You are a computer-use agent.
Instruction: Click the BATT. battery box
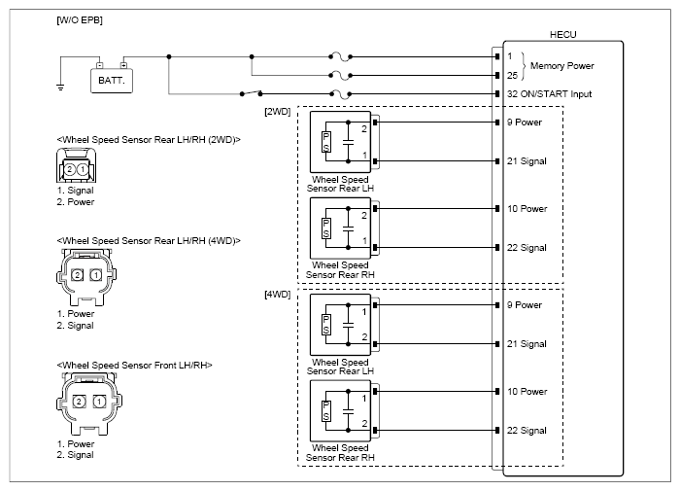[x=112, y=81]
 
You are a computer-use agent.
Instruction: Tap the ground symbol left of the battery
[x=60, y=87]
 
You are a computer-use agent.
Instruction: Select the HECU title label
[x=562, y=35]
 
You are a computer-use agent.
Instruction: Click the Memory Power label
[x=562, y=66]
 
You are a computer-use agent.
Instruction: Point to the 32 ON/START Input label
[x=550, y=94]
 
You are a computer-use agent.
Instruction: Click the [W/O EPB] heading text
[x=80, y=20]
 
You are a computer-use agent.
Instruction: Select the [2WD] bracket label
[x=278, y=112]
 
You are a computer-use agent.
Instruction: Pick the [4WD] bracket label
[x=278, y=295]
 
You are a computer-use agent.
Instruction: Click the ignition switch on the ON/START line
[x=251, y=93]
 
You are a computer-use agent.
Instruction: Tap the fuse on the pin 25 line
[x=340, y=76]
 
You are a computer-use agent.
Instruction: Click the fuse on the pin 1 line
[x=340, y=56]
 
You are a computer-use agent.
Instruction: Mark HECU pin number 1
[x=510, y=56]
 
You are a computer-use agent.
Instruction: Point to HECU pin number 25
[x=512, y=76]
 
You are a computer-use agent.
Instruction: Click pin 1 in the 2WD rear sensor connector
[x=83, y=169]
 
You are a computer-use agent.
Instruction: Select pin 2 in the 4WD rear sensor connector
[x=77, y=275]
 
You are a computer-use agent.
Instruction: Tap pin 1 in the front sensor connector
[x=99, y=402]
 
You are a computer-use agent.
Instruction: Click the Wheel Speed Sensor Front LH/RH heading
[x=134, y=366]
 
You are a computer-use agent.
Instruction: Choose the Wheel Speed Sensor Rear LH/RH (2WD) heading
[x=149, y=140]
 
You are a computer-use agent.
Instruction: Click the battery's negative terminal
[x=100, y=65]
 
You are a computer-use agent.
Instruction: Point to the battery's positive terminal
[x=123, y=65]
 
